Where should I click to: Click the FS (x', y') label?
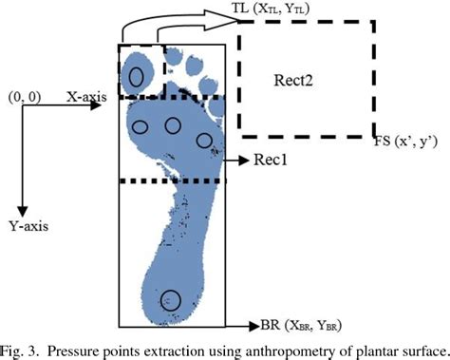tap(406, 142)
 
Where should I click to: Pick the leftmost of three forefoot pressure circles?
tap(140, 126)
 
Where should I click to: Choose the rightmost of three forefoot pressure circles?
tap(203, 141)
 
